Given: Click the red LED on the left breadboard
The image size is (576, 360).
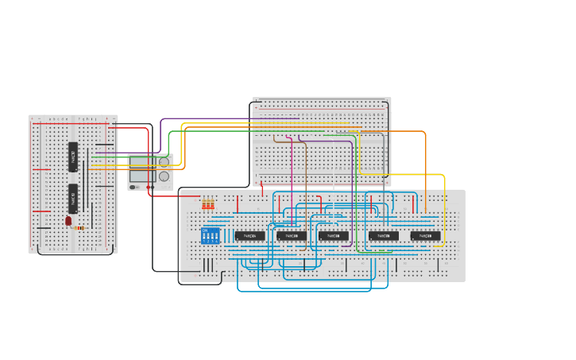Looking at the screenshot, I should pyautogui.click(x=68, y=220).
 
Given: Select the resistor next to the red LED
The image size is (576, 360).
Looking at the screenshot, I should pyautogui.click(x=79, y=228).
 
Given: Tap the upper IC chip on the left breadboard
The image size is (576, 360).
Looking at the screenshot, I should pyautogui.click(x=73, y=157).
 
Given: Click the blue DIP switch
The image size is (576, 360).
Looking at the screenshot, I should pyautogui.click(x=211, y=236).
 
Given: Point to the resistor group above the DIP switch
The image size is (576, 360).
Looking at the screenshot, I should pyautogui.click(x=208, y=205).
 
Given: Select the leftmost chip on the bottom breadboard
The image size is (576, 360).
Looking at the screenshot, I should pyautogui.click(x=249, y=236).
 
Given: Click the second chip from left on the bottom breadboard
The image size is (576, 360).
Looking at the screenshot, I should pyautogui.click(x=292, y=236).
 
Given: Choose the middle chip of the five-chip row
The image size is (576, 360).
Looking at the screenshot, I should pyautogui.click(x=334, y=236).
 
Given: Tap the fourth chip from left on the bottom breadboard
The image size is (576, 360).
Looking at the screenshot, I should pyautogui.click(x=384, y=236).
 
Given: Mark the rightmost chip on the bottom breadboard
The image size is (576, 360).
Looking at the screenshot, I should pyautogui.click(x=425, y=236).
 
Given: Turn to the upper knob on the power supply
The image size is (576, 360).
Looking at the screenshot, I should pyautogui.click(x=164, y=162).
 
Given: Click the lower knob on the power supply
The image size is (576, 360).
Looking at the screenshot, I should pyautogui.click(x=164, y=176).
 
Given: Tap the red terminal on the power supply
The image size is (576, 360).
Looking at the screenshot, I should pyautogui.click(x=148, y=188).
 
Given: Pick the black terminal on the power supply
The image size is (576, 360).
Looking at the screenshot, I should pyautogui.click(x=153, y=188).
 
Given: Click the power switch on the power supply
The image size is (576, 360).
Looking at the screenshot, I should pyautogui.click(x=133, y=188).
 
